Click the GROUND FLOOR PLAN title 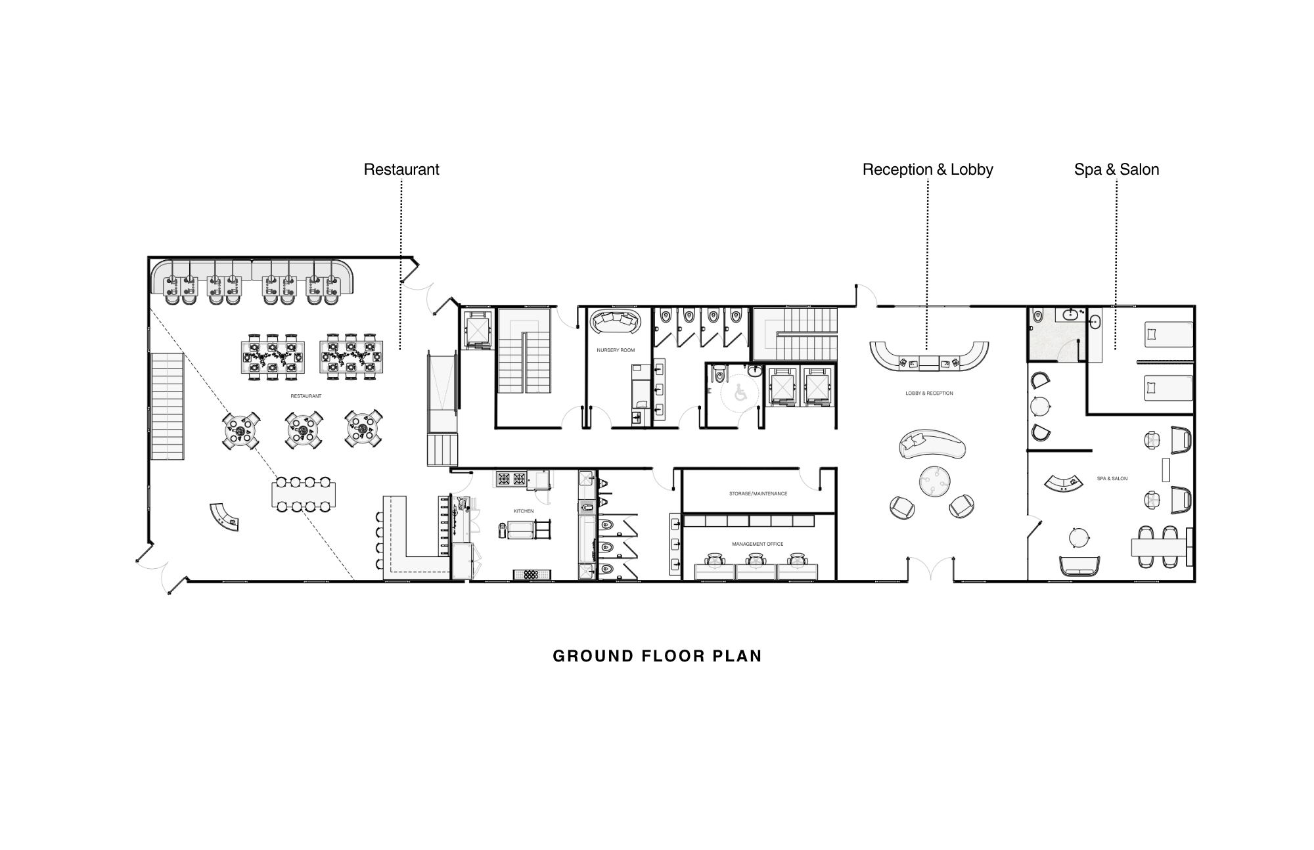[x=657, y=656]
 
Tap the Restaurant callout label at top [x=401, y=169]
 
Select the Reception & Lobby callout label [x=928, y=169]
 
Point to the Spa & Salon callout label [x=1116, y=169]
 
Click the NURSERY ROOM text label [x=616, y=350]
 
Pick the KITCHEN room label [x=524, y=510]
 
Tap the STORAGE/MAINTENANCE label [x=758, y=493]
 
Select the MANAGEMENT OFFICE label [x=758, y=544]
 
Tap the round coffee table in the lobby [x=934, y=481]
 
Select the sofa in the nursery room [x=615, y=323]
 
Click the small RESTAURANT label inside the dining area [x=306, y=396]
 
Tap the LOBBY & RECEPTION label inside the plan [x=929, y=393]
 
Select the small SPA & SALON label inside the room [x=1112, y=478]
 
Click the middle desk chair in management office [x=757, y=560]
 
